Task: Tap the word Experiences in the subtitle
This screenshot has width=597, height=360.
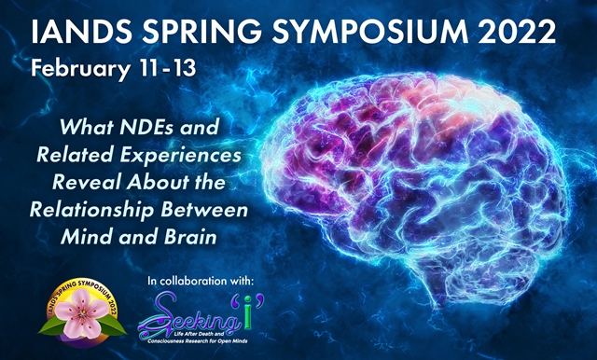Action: [x=186, y=152]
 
